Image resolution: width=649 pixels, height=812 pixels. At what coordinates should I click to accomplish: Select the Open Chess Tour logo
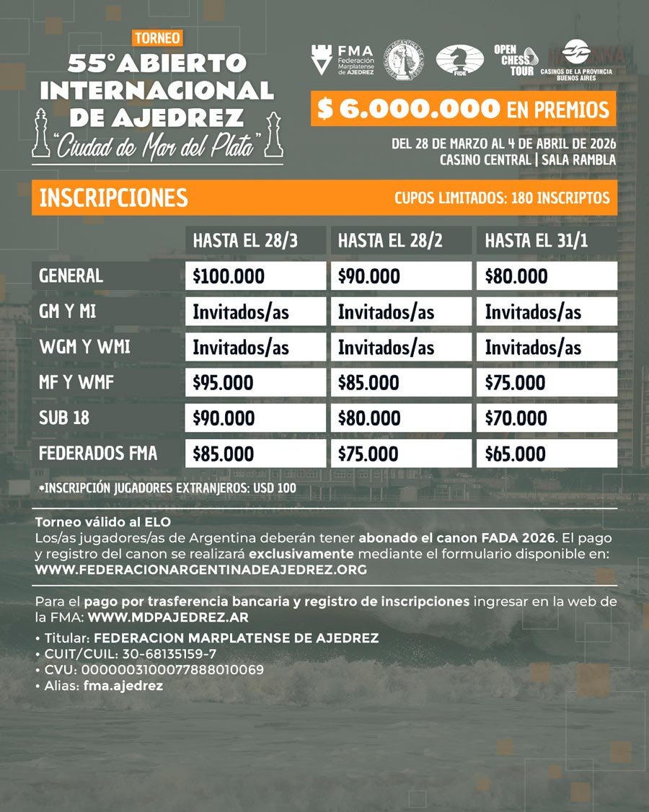pos(514,61)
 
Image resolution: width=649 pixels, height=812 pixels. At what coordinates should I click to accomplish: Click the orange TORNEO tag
pos(157,37)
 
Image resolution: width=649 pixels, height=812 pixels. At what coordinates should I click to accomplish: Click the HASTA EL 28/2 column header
pos(390,241)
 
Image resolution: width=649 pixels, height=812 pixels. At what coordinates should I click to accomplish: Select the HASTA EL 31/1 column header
pos(537,241)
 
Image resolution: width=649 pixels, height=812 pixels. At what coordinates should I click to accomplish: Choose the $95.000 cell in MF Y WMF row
pos(223,383)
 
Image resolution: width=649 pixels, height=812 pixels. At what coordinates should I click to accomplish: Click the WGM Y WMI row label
pos(84,347)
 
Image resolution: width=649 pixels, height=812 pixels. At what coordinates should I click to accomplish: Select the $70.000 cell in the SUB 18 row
pos(516,418)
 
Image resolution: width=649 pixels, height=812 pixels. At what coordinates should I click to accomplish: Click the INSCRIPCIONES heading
pos(114,198)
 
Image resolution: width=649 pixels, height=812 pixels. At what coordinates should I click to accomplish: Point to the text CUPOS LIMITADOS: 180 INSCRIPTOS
pos(502,198)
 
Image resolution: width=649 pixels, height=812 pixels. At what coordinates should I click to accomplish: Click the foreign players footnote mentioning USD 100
pos(168,488)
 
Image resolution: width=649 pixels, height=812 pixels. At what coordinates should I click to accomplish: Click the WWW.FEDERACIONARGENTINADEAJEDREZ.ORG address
pos(200,569)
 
